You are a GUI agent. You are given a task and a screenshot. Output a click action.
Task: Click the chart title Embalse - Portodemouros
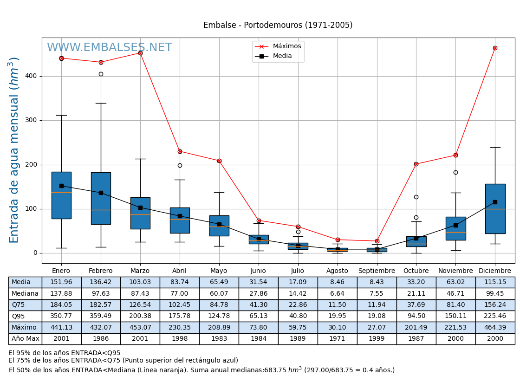[x=278, y=26]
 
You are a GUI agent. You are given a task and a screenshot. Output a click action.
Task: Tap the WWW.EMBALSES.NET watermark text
[x=109, y=48]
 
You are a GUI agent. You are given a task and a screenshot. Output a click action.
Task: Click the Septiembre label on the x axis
[x=377, y=271]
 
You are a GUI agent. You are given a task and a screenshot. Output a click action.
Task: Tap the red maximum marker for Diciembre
[x=495, y=48]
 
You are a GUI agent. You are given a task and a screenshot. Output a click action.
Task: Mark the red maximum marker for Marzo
[x=140, y=53]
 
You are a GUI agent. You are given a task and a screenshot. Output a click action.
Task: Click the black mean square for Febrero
[x=101, y=193]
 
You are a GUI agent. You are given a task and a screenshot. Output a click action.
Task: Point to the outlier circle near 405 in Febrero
[x=101, y=74]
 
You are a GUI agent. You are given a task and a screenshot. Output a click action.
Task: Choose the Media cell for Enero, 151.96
[x=61, y=282]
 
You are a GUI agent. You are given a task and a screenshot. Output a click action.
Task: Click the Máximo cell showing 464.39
[x=495, y=327]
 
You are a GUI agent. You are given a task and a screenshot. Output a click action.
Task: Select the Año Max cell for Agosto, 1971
[x=337, y=339]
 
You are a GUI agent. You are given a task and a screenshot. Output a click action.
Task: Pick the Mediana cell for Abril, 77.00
[x=180, y=294]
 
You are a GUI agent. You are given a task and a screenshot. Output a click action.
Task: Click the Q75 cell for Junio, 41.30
[x=258, y=305]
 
